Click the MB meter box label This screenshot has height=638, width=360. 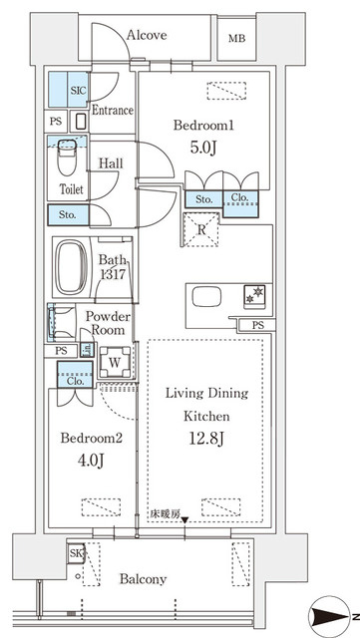[236, 39]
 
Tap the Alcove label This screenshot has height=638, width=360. [147, 35]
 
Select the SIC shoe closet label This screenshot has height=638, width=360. [78, 91]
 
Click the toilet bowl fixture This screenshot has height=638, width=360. [67, 158]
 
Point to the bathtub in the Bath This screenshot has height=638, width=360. [71, 266]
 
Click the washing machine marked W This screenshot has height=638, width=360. [116, 362]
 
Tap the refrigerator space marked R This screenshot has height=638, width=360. [200, 230]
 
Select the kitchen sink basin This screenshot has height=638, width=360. [206, 297]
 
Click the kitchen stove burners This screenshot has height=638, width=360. [254, 295]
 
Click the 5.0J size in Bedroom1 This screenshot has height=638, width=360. [202, 149]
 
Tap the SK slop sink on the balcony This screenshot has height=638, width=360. [76, 553]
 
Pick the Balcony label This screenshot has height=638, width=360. [143, 579]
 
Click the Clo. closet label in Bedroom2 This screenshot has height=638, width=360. [76, 382]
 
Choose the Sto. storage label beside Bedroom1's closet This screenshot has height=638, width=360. [204, 199]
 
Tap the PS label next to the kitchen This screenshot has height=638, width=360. [257, 326]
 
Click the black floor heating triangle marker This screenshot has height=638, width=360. [184, 520]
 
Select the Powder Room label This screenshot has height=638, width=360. [108, 323]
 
